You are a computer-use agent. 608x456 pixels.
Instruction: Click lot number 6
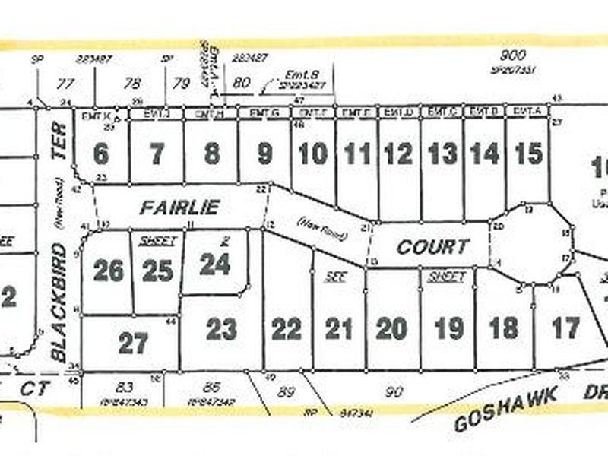pyautogui.click(x=101, y=154)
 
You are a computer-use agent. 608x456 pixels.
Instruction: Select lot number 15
pyautogui.click(x=528, y=154)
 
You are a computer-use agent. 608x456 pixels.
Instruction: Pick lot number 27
pyautogui.click(x=133, y=344)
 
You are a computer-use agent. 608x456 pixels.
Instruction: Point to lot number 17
pyautogui.click(x=565, y=328)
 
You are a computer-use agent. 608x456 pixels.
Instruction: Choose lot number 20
pyautogui.click(x=391, y=329)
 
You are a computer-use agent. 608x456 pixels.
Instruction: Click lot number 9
pyautogui.click(x=264, y=154)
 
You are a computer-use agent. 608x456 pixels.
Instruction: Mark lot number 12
pyautogui.click(x=398, y=154)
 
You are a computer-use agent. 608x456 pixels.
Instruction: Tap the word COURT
pyautogui.click(x=432, y=247)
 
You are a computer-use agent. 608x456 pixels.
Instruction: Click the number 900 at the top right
pyautogui.click(x=514, y=55)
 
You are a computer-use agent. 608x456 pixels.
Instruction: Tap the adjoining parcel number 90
pyautogui.click(x=394, y=391)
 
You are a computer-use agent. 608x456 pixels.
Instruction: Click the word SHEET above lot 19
pyautogui.click(x=446, y=277)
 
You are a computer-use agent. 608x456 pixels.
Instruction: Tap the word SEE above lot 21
pyautogui.click(x=335, y=277)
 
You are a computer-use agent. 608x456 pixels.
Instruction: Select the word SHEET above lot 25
pyautogui.click(x=158, y=241)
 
